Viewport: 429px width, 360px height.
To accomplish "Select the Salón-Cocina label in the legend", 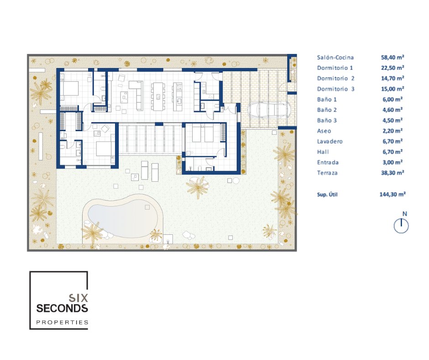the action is point(335,58).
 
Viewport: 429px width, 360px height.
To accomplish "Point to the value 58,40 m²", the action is point(392,57).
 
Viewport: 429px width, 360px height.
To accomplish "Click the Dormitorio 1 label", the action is point(335,68).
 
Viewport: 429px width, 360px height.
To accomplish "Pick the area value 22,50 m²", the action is point(392,68).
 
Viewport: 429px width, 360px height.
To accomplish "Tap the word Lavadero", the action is point(330,141).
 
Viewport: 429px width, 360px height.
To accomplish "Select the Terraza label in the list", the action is point(327,173).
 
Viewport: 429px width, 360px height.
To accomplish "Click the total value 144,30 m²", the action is point(392,194).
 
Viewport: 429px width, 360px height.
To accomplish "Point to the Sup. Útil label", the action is point(327,195).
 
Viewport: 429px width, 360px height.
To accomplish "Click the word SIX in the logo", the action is point(78,298).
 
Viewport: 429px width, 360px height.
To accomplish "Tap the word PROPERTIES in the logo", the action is point(63,322).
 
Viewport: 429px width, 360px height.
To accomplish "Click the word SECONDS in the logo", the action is point(62,308).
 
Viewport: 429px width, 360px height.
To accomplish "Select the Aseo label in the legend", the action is point(324,131).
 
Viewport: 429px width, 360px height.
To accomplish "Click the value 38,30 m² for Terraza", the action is point(392,173).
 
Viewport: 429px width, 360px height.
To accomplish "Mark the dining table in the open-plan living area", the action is point(158,96).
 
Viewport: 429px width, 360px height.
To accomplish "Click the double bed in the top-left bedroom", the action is point(69,88).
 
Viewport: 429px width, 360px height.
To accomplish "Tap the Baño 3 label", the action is point(327,121).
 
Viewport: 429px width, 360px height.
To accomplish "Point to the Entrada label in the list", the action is point(328,163).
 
